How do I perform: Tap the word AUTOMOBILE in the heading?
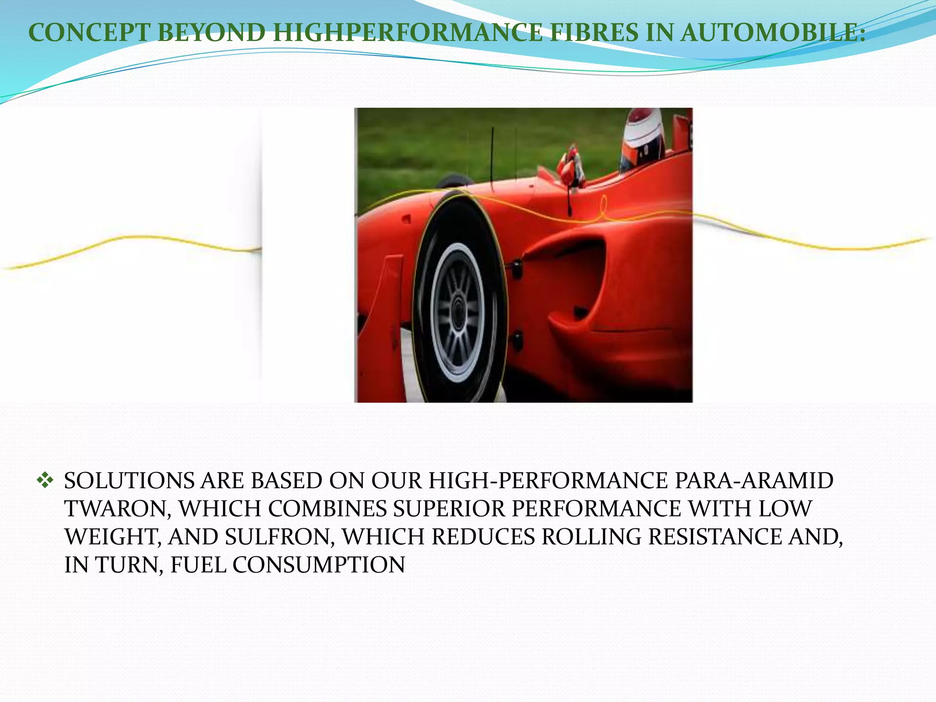(x=772, y=33)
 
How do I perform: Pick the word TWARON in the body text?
(x=117, y=509)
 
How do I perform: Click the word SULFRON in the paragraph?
(x=279, y=537)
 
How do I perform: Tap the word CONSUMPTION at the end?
(x=319, y=565)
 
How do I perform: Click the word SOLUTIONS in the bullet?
(x=129, y=481)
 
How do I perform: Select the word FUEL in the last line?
(x=198, y=565)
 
